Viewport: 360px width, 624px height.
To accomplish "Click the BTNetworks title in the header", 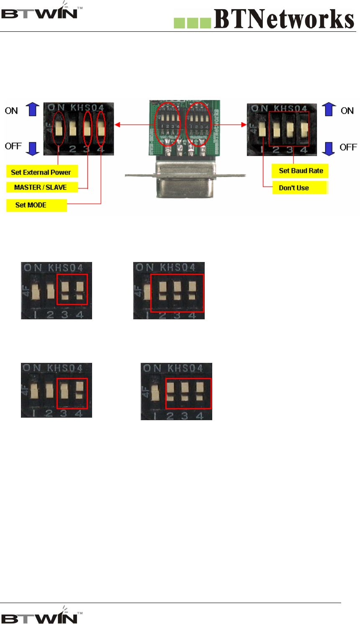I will [x=284, y=19].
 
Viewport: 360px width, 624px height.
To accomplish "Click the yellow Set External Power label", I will [x=41, y=172].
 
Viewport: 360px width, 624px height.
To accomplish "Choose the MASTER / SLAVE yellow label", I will [x=41, y=187].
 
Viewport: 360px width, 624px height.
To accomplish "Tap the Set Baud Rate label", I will [x=301, y=171].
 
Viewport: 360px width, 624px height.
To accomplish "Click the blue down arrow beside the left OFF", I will [x=33, y=148].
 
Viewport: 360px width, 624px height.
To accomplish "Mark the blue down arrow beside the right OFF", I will [x=329, y=148].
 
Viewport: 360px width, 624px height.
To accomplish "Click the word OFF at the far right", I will [x=348, y=147].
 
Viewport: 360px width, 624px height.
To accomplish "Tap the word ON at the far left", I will [x=11, y=111].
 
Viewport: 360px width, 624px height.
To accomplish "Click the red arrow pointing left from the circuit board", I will [x=119, y=124].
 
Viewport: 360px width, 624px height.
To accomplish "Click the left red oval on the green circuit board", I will [x=167, y=124].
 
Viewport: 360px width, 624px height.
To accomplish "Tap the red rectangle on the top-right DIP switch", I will [x=289, y=129].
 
